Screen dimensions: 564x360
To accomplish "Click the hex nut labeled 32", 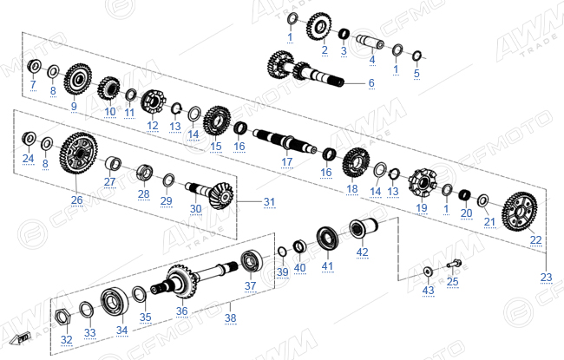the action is coord(63,317).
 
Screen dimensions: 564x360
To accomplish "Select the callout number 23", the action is coord(546,277).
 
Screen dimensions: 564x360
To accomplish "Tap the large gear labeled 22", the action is coord(519,212).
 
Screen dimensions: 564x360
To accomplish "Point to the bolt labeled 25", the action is coord(454,264).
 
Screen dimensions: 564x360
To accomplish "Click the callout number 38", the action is coord(231,317).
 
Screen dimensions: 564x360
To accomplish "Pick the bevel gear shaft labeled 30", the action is coord(210,194).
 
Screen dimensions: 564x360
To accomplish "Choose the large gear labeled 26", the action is coord(78,154).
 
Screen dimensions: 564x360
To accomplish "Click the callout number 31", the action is coord(269,202).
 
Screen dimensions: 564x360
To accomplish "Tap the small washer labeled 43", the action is coord(427,272).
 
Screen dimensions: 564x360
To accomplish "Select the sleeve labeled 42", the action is coord(364,228).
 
